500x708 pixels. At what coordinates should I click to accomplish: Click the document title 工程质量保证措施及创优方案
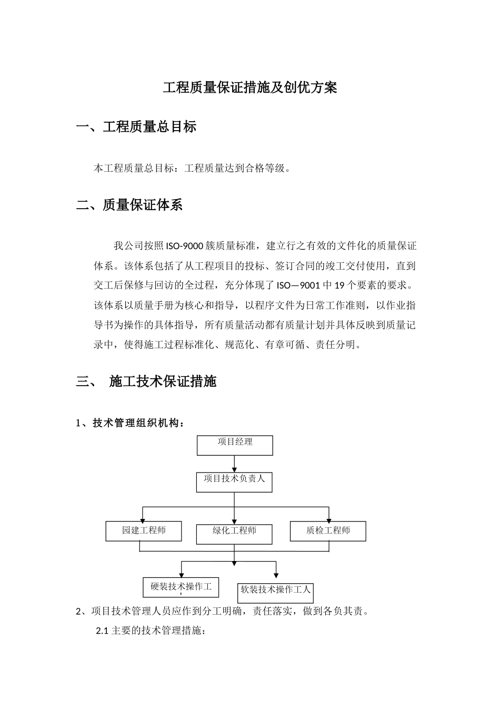(249, 87)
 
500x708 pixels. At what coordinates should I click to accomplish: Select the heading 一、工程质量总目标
(136, 127)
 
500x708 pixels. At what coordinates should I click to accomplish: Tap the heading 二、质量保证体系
(129, 205)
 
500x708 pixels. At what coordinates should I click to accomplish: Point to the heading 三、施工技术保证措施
(146, 381)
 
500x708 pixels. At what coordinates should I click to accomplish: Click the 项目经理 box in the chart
(235, 445)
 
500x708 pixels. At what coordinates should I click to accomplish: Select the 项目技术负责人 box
(235, 482)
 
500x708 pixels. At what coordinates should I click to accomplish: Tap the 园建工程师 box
(144, 531)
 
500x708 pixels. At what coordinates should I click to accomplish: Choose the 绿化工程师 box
(235, 534)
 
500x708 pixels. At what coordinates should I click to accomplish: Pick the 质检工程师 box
(328, 531)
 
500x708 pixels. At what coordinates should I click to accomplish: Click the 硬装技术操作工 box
(181, 587)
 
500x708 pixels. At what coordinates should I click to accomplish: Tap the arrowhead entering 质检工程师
(328, 518)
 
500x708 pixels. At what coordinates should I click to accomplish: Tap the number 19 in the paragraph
(339, 286)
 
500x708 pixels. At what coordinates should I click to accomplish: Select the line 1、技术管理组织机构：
(131, 423)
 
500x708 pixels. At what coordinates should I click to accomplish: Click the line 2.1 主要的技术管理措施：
(151, 631)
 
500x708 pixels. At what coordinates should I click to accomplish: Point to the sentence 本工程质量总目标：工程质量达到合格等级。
(192, 169)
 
